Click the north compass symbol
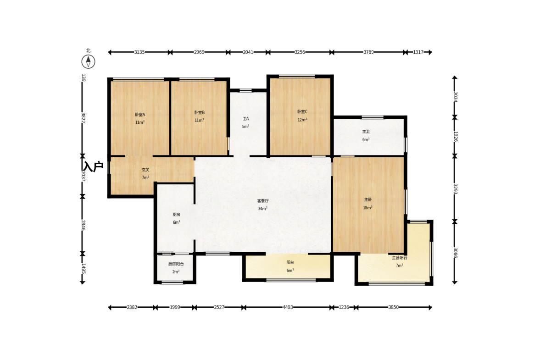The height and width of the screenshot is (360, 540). coord(88,61)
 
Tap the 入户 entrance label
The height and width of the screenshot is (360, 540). coord(93,166)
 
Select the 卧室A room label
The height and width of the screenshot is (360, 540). coord(140,115)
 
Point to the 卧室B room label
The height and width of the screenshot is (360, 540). coord(200,112)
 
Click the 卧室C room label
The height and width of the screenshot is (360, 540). coord(302,111)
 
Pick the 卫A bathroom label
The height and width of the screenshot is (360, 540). coord(245,119)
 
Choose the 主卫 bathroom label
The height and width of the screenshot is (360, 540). coord(366,132)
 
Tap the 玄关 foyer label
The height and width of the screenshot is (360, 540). coord(146,170)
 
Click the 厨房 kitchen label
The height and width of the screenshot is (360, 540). coord(176,215)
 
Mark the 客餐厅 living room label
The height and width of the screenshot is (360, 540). coord(263,201)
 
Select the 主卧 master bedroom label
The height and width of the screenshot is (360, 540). coord(368,199)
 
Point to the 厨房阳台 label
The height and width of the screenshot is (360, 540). coord(176,264)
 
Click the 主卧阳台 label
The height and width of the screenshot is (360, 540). coord(400,258)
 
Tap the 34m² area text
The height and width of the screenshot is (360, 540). coord(263,209)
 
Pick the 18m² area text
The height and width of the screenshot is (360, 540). coord(367,208)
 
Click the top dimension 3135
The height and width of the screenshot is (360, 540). coord(139,52)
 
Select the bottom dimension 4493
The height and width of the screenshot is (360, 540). coord(288,307)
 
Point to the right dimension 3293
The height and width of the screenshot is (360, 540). coord(455,189)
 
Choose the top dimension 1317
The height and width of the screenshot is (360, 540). coord(418,52)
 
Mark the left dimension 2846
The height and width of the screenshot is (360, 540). coord(83,225)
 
